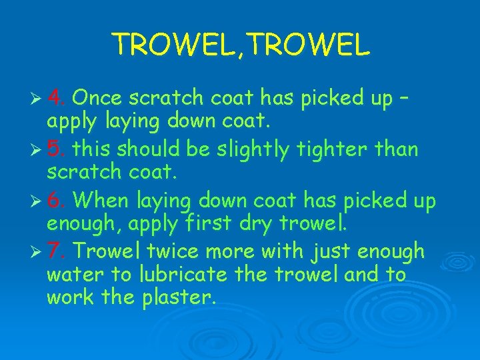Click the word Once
click(97, 98)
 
